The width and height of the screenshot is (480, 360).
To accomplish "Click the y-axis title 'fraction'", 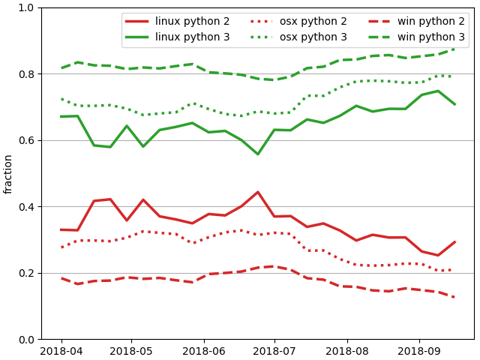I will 9,174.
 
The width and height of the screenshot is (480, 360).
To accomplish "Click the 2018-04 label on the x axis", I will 61,351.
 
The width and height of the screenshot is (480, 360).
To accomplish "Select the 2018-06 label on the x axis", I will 204,351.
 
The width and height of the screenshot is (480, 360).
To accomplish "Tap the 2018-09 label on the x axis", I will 419,351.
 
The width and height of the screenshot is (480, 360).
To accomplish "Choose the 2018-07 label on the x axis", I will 274,351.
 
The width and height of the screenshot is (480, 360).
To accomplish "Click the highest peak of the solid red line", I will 258,192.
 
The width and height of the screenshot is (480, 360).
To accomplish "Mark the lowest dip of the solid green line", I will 258,154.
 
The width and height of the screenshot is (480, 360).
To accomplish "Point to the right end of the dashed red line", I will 454,298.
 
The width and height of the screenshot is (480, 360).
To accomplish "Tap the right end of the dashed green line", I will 454,49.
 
